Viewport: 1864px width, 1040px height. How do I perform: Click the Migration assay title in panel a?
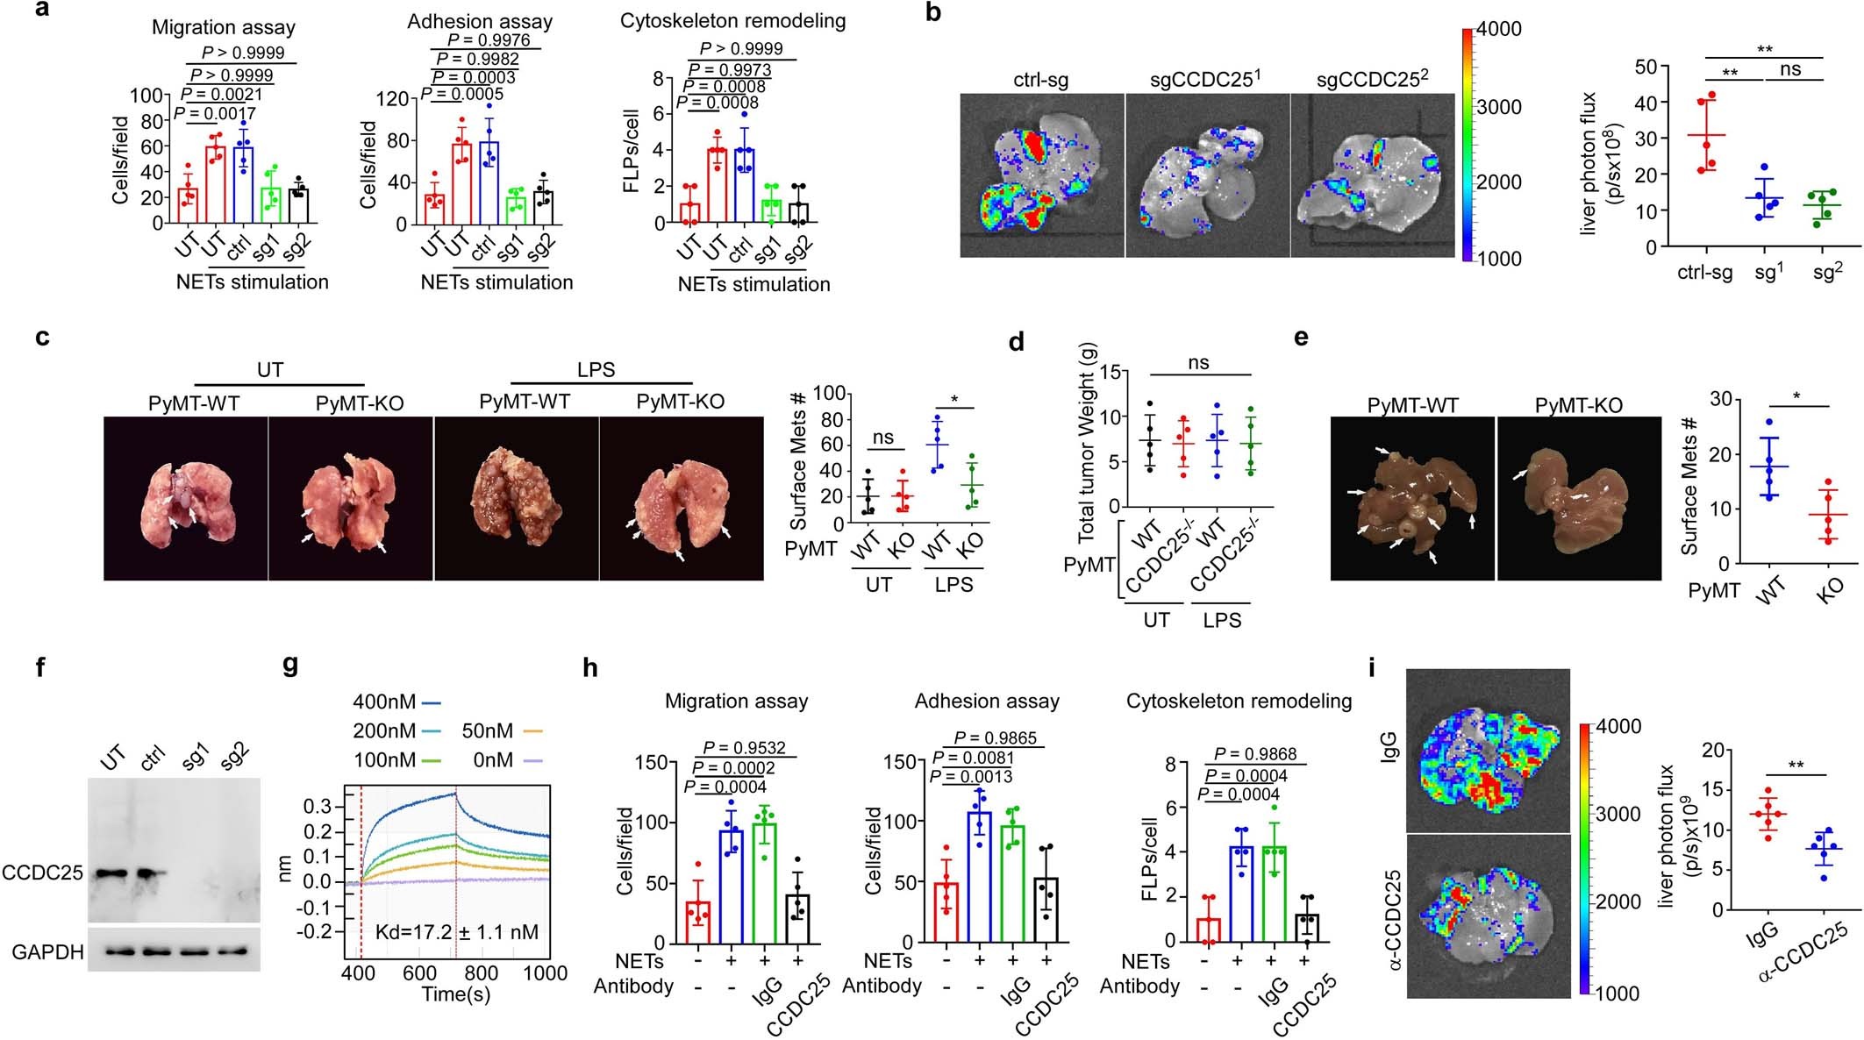click(x=224, y=26)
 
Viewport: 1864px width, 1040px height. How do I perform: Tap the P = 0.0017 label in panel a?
click(x=215, y=113)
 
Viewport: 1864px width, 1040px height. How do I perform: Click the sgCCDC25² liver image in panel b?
click(x=1372, y=175)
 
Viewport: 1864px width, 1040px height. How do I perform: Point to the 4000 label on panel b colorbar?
click(x=1499, y=29)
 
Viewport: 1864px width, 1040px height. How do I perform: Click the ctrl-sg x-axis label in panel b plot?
click(x=1704, y=273)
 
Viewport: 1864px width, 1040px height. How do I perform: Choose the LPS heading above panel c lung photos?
click(x=596, y=369)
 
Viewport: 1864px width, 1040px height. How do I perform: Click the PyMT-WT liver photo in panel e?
click(x=1412, y=498)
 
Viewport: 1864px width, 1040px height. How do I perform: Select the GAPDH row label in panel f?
click(x=47, y=951)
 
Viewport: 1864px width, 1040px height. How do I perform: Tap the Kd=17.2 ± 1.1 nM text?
click(x=457, y=932)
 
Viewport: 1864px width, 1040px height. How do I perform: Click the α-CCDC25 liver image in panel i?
click(x=1488, y=916)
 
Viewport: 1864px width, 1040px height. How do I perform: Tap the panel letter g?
click(x=290, y=666)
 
